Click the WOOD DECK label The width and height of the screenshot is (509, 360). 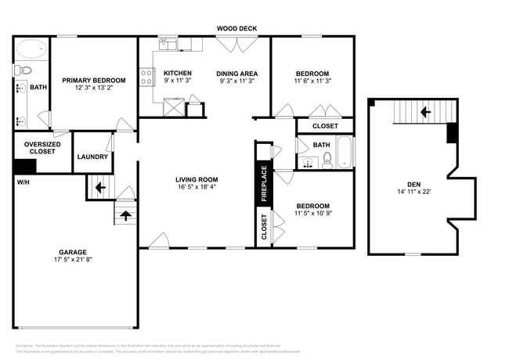236,29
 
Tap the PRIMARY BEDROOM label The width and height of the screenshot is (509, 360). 94,80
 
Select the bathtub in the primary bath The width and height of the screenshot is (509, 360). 32,49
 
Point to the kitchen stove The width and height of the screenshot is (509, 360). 146,77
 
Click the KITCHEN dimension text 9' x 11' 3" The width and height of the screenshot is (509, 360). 177,81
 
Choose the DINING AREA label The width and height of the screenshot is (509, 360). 237,74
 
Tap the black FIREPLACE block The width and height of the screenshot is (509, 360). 263,184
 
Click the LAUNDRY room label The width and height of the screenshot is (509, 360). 92,157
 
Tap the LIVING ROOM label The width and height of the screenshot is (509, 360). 196,179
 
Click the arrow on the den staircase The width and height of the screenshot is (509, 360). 425,112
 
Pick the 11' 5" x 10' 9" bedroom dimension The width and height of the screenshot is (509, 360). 312,214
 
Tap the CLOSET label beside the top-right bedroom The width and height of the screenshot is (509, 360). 325,126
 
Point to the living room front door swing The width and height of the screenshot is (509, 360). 159,240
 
